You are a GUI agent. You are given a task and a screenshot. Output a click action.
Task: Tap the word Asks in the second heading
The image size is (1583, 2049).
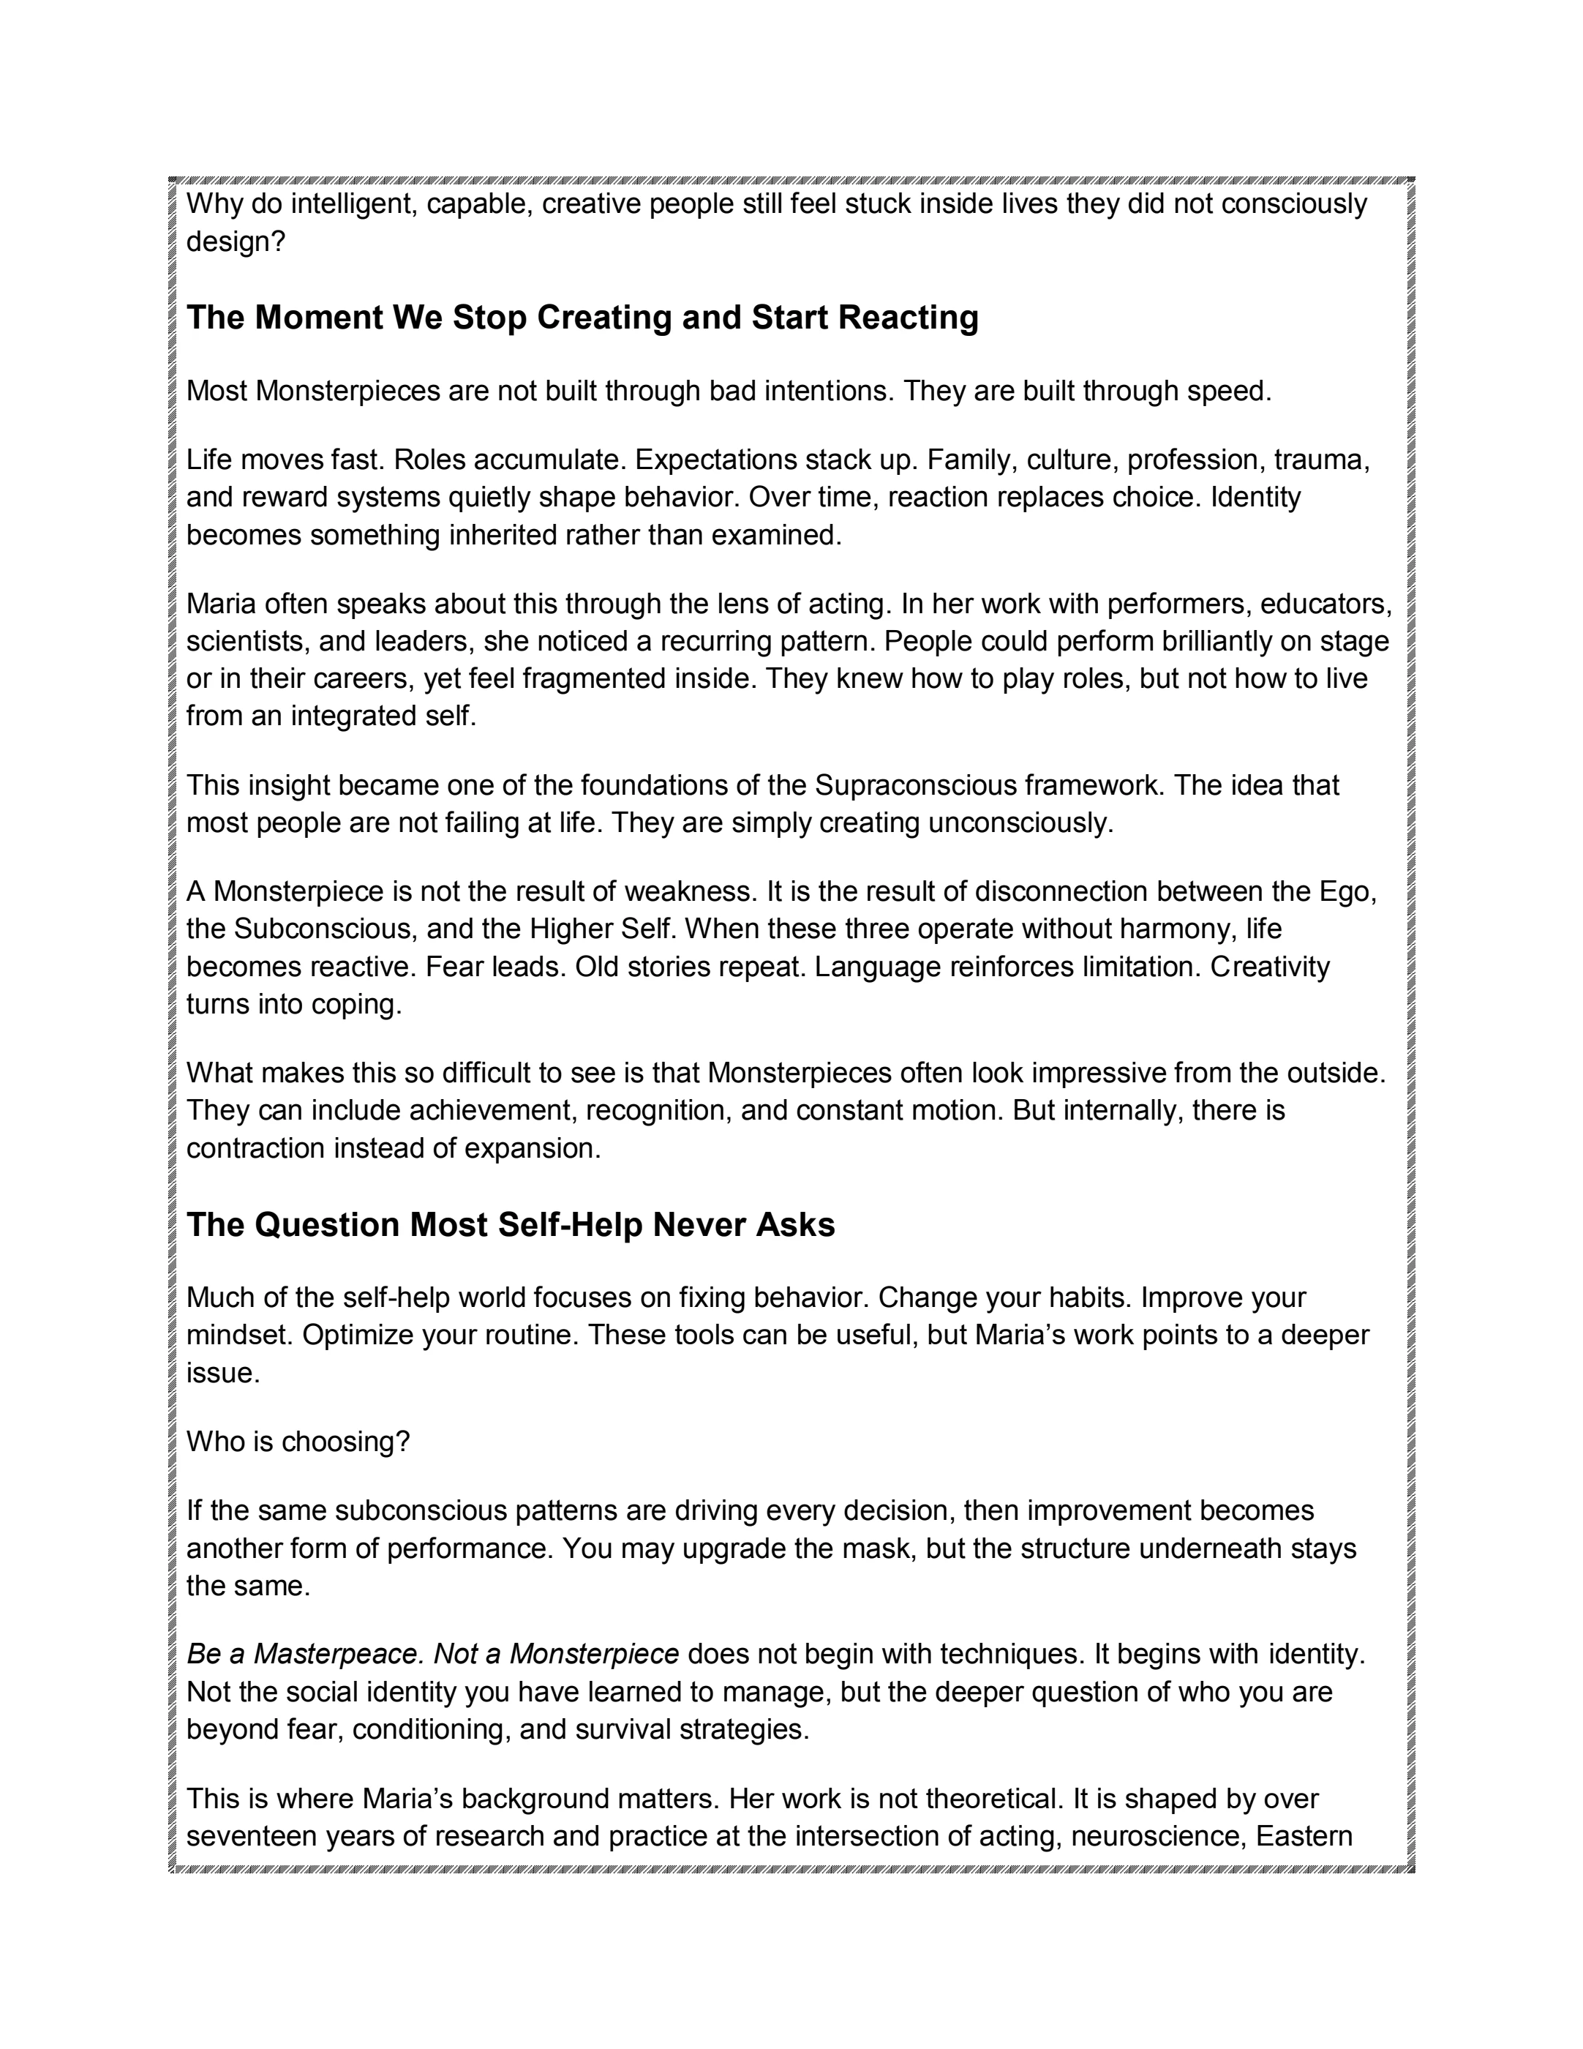(x=795, y=1225)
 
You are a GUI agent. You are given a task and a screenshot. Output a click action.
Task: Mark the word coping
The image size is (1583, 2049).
(x=356, y=1004)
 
